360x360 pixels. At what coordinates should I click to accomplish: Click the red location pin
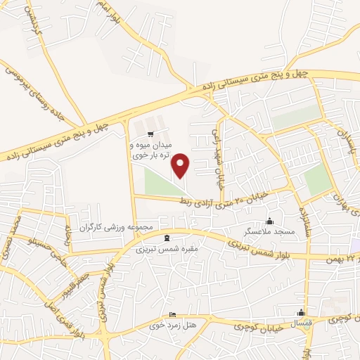[181, 165]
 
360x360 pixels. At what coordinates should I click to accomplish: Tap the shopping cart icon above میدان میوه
[149, 133]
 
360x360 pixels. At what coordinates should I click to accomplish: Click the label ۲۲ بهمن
[345, 261]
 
